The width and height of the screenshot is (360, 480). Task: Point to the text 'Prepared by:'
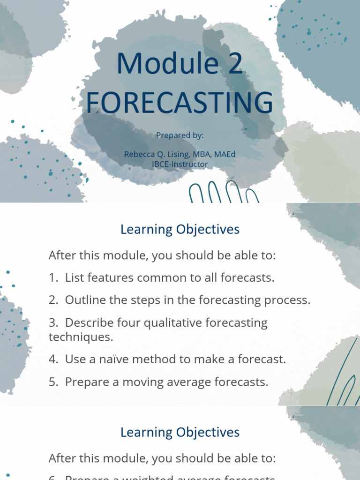click(180, 135)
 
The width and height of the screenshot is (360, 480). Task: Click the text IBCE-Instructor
click(180, 165)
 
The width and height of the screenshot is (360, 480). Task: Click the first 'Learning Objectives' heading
click(180, 230)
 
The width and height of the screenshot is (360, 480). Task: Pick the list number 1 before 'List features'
click(52, 277)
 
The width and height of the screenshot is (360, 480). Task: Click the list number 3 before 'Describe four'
click(52, 322)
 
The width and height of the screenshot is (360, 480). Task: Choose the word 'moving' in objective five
click(140, 382)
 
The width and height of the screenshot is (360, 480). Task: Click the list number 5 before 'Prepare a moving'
click(52, 382)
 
